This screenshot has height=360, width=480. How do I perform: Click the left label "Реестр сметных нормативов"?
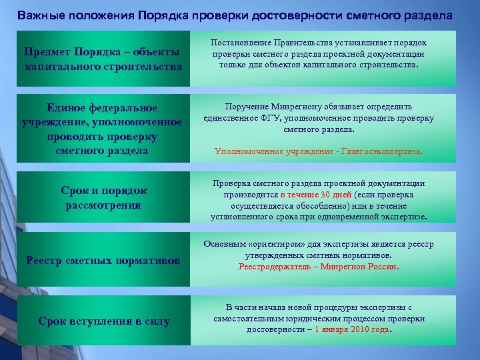(103, 260)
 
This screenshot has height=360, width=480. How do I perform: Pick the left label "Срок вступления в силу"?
(104, 321)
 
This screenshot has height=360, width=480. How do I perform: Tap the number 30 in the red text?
(325, 195)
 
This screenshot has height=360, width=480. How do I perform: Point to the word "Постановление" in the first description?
(239, 43)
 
